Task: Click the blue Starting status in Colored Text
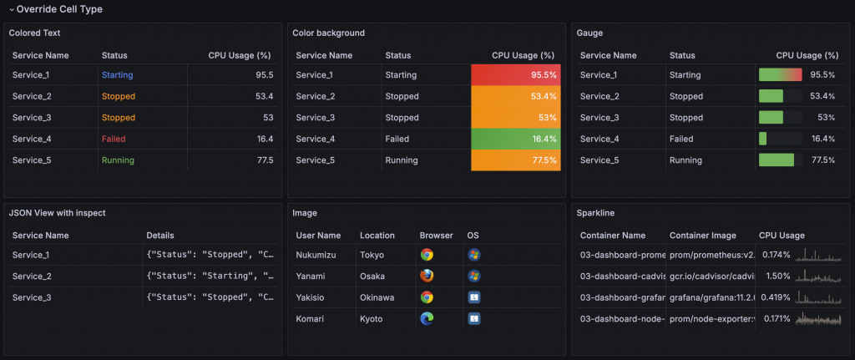pos(117,75)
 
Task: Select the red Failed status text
pos(114,139)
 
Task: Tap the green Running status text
pos(118,160)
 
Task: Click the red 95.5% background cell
pos(515,75)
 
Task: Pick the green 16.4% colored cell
pos(515,139)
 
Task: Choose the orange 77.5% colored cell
pos(515,160)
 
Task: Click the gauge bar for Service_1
pos(780,75)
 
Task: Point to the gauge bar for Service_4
pos(763,139)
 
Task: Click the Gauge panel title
pos(589,33)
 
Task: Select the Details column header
pos(160,236)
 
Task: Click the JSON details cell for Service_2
pos(210,276)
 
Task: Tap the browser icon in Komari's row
pos(427,318)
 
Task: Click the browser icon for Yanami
pos(427,276)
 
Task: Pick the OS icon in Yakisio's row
pos(473,297)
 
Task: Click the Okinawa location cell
pos(378,297)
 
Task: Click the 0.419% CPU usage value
pos(776,297)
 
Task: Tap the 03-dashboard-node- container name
pos(622,318)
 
